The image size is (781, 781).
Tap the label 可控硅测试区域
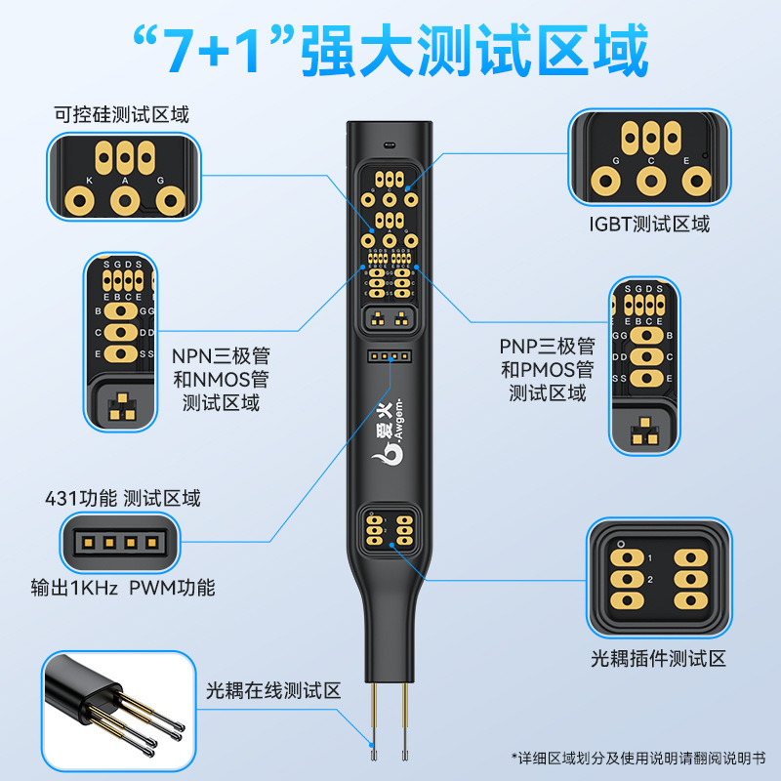tap(121, 114)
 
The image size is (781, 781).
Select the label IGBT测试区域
tap(649, 224)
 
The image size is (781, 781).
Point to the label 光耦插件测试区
tap(658, 659)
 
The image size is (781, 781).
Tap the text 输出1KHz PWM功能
tap(123, 588)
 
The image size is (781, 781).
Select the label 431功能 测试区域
tap(123, 498)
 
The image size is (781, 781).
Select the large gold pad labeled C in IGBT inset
tap(650, 181)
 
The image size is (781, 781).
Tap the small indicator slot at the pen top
tap(390, 144)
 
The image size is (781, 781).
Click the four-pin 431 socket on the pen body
tap(390, 357)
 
